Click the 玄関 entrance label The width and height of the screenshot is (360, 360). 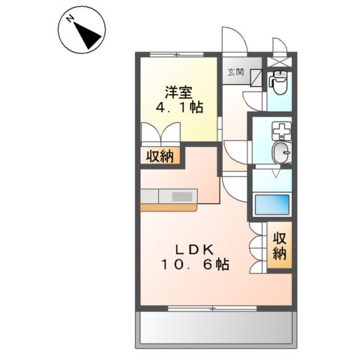pyautogui.click(x=235, y=72)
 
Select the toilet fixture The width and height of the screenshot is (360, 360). pyautogui.click(x=279, y=81)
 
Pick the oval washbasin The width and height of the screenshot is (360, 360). pyautogui.click(x=280, y=154)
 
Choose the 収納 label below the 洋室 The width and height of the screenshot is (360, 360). pyautogui.click(x=161, y=156)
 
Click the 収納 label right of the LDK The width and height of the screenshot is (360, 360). pyautogui.click(x=279, y=245)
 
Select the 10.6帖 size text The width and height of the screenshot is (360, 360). pyautogui.click(x=193, y=265)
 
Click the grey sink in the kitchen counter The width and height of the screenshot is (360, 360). pyautogui.click(x=182, y=196)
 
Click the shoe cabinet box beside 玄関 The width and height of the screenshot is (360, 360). pyautogui.click(x=256, y=78)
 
